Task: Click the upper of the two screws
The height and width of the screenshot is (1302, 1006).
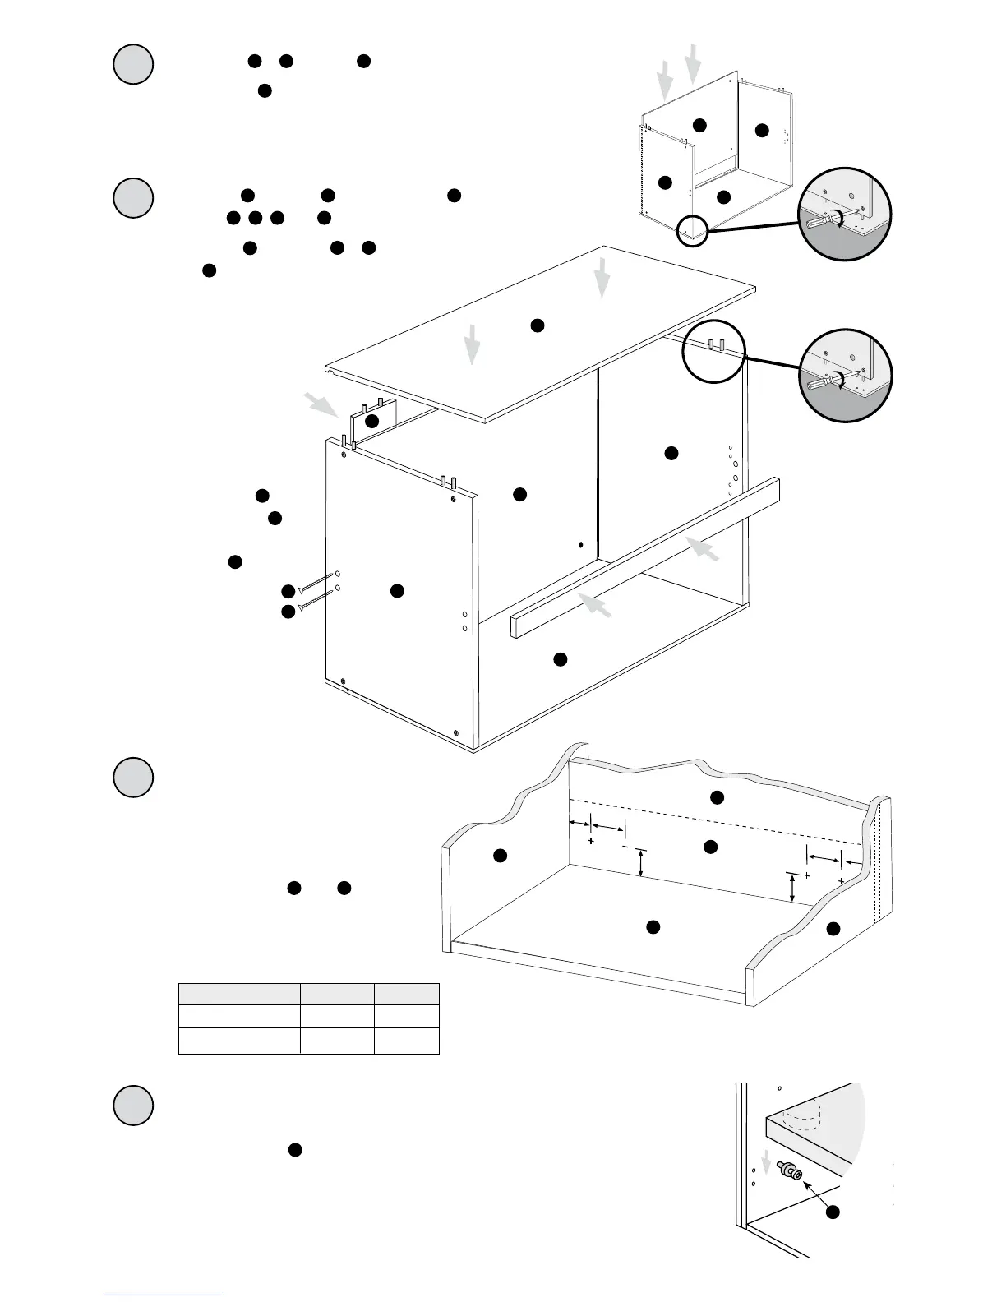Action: (316, 583)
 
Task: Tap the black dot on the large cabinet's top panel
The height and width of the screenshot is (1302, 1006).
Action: (537, 325)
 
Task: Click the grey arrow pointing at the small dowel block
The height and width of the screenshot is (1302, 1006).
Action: (320, 404)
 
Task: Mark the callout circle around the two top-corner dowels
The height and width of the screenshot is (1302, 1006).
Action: (713, 351)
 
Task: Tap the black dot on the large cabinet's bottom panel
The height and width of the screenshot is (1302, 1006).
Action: (560, 659)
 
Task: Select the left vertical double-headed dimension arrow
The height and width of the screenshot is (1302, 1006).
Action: (641, 863)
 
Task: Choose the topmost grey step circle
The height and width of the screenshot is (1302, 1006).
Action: (132, 64)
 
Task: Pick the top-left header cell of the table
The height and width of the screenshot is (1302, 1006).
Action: (238, 993)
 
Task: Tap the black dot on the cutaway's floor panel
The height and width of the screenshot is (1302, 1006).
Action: (653, 927)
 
